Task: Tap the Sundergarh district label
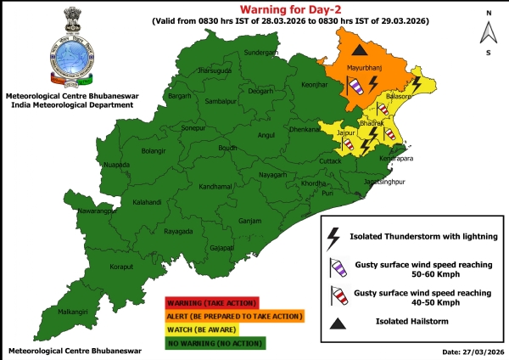pyautogui.click(x=260, y=53)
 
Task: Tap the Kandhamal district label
pyautogui.click(x=215, y=186)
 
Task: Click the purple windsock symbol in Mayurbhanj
pyautogui.click(x=355, y=86)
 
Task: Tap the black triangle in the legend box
pyautogui.click(x=337, y=321)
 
